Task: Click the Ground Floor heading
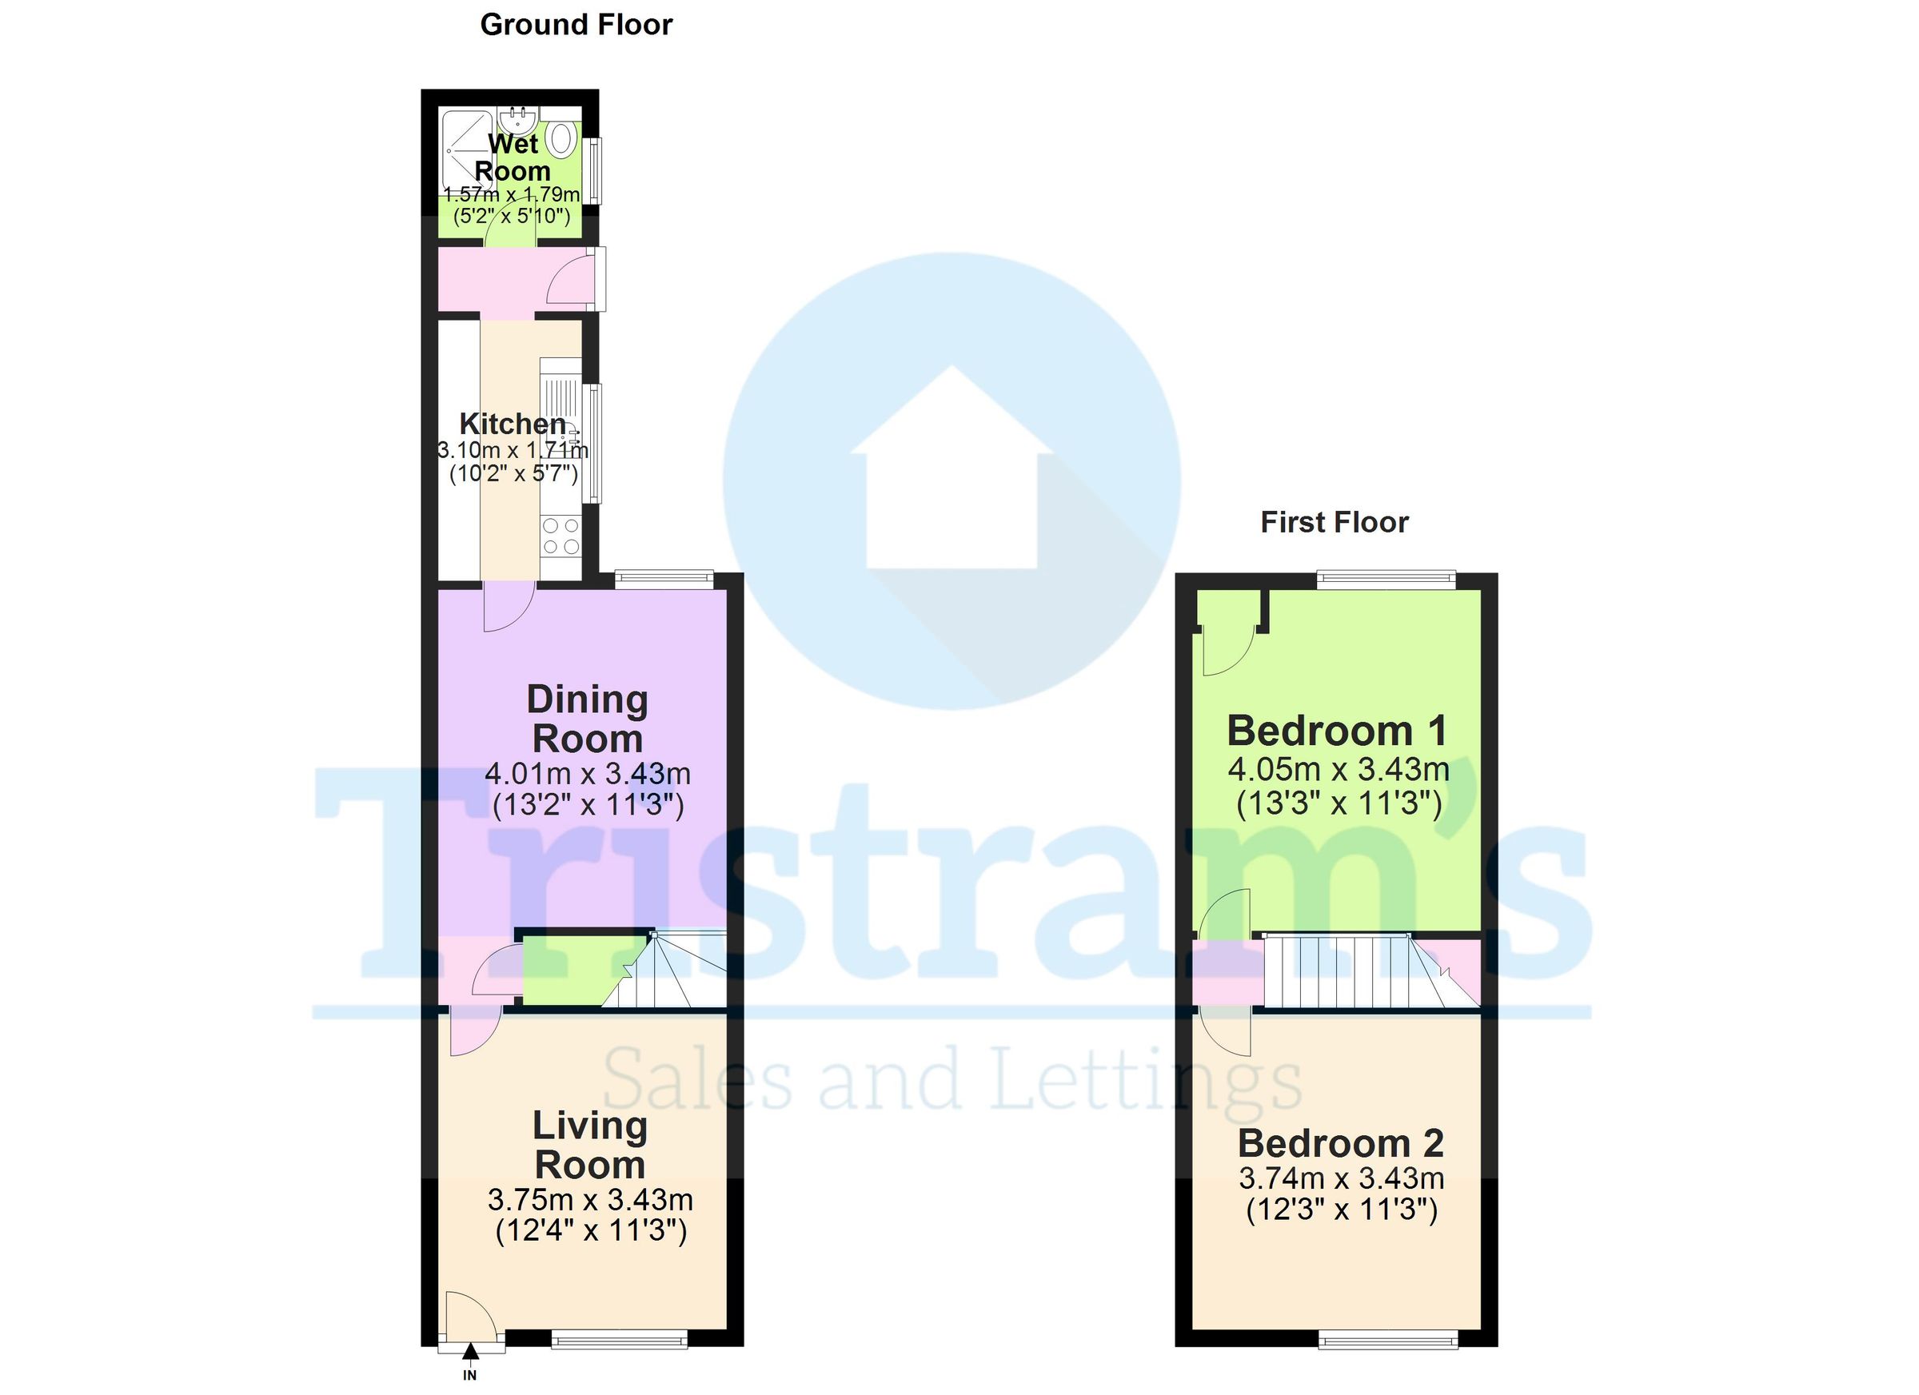[x=576, y=26]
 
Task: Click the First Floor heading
[x=1335, y=523]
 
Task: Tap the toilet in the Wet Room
[x=561, y=137]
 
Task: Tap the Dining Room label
[x=587, y=719]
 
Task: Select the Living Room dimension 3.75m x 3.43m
[x=591, y=1200]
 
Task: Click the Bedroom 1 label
[x=1337, y=731]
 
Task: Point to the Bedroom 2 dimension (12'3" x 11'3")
[x=1342, y=1210]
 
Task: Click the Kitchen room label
[x=512, y=423]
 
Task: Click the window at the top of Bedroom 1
[x=1386, y=580]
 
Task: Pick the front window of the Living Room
[x=620, y=1339]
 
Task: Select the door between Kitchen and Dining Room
[x=507, y=607]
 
